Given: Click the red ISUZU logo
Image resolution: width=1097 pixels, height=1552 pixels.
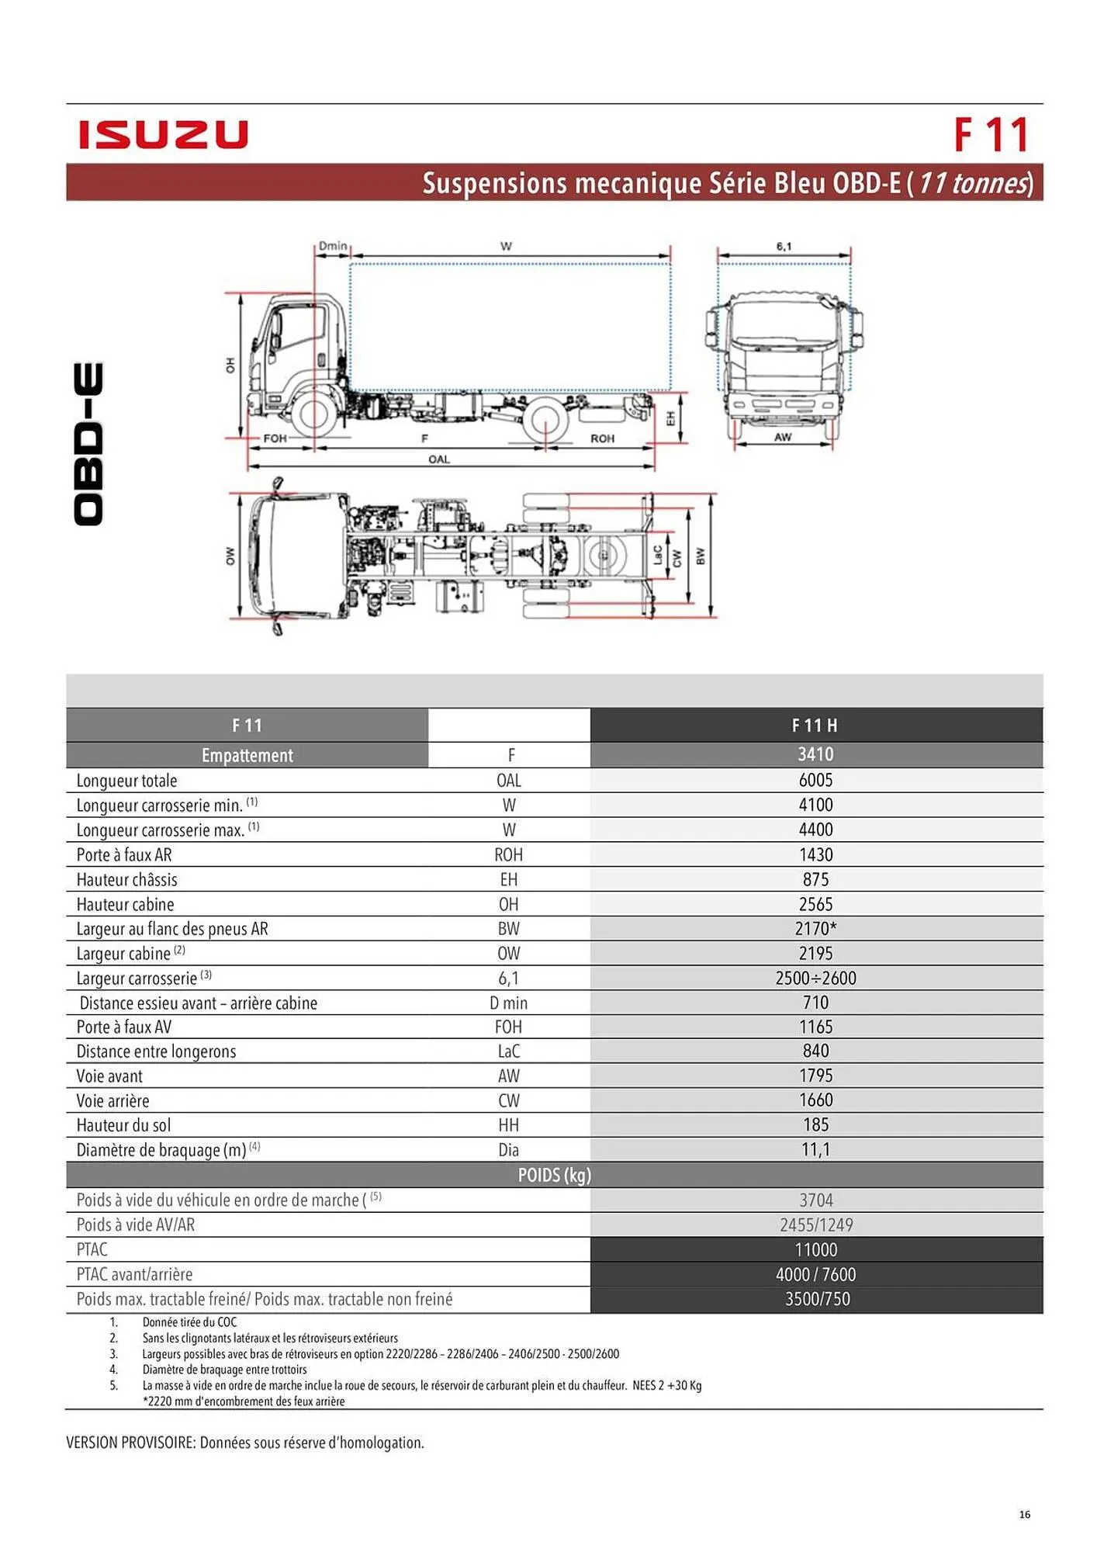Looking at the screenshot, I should coord(163,134).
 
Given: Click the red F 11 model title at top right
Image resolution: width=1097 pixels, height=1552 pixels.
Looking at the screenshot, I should coord(991,135).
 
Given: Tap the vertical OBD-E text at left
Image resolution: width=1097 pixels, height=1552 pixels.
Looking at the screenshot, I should coord(88,444).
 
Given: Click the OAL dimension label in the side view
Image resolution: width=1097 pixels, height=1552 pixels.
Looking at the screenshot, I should coord(439,459).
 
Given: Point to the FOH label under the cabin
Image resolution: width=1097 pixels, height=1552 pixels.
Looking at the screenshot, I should coord(275,438).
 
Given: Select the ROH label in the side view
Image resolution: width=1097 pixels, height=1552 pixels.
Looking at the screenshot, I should coord(602,438).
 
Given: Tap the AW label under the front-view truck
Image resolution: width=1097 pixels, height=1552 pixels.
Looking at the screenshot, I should coord(783,437).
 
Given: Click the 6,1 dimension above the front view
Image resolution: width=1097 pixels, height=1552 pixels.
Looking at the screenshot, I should coord(784,246).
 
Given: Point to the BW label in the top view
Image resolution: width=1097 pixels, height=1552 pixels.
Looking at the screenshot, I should coord(700,556).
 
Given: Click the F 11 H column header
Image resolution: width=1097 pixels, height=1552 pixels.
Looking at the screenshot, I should coord(815,726).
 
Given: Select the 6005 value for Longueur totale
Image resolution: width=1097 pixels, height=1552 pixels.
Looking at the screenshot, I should coord(815,780).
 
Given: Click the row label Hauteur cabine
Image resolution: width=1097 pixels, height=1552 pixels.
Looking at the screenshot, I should coord(125,904).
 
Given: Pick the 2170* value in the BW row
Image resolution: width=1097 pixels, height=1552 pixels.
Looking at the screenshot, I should coord(815,928).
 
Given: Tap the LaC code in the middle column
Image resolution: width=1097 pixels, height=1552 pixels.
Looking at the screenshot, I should coord(508,1051).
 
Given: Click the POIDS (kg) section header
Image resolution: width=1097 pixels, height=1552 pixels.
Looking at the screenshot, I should coord(554,1175).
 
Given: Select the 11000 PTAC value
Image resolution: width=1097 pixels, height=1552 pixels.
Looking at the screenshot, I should coord(815,1249).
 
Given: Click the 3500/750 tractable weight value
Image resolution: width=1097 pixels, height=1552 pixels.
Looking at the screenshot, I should coord(817,1299).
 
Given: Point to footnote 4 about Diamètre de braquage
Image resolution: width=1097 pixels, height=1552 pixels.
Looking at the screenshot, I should coord(224,1370).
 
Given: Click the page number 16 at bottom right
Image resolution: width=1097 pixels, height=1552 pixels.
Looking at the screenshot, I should coord(1024,1514).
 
